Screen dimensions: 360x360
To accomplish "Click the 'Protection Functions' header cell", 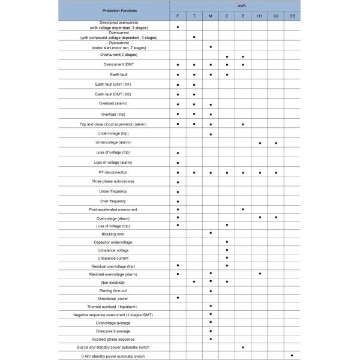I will (115, 11).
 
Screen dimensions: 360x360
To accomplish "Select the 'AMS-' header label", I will (235, 5).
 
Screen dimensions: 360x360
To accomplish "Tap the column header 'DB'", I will (292, 15).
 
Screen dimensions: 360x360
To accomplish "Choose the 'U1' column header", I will (260, 15).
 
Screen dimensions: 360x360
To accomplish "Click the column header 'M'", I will (211, 15).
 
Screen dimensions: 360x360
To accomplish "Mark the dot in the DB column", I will (292, 355).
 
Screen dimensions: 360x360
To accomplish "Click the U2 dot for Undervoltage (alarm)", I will (276, 143).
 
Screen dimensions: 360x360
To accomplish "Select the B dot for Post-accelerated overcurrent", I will (243, 209).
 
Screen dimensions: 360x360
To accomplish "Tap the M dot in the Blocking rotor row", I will (211, 233).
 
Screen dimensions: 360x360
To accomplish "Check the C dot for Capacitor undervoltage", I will (227, 242).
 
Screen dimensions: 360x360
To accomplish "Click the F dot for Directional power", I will (178, 298).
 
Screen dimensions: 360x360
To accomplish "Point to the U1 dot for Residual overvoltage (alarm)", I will (260, 274).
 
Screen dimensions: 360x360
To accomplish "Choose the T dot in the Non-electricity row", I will (194, 281).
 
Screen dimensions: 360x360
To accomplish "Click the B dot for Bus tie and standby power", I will (243, 347).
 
